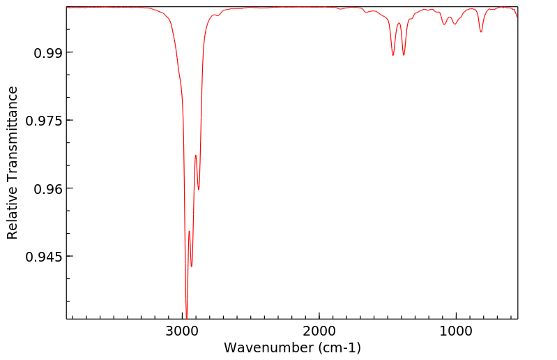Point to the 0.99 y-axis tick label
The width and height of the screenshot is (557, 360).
coord(48,53)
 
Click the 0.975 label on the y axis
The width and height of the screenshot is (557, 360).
coord(45,121)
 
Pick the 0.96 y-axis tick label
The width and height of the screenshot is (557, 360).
coord(48,188)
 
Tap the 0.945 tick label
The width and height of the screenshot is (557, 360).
coord(45,256)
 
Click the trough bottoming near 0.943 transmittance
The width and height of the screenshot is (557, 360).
coord(192,266)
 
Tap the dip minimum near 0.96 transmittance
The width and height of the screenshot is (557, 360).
coord(199,189)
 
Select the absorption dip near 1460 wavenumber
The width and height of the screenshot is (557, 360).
coord(393,55)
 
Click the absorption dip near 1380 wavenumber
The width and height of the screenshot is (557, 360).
coord(404,55)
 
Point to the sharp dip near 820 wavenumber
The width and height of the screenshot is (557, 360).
coord(481,31)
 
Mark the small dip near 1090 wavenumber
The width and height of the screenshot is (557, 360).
coord(444,24)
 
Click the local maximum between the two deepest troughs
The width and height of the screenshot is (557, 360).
coord(189,231)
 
